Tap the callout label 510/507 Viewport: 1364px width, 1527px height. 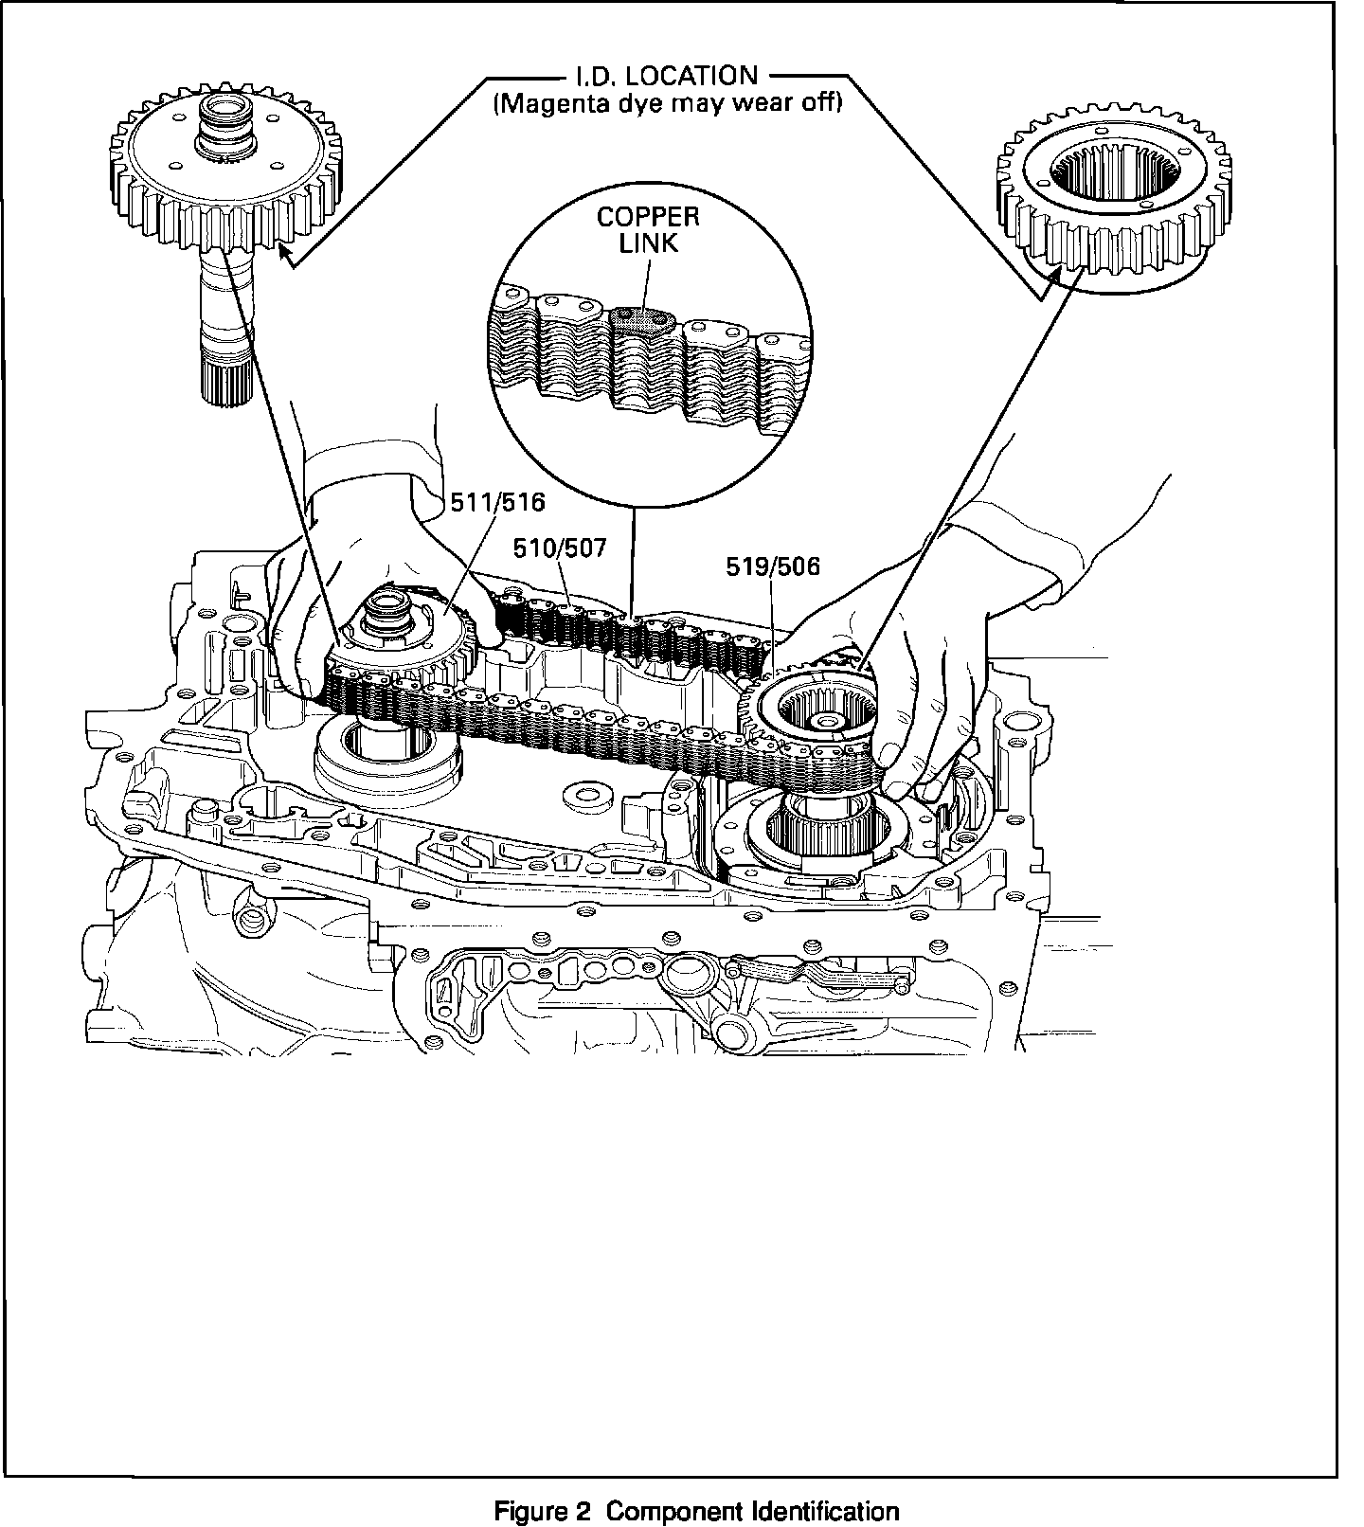560,548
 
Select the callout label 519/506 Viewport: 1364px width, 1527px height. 773,566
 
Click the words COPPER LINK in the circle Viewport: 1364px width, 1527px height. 648,229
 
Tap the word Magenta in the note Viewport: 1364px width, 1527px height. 548,102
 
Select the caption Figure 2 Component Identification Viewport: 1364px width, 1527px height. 697,1511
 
